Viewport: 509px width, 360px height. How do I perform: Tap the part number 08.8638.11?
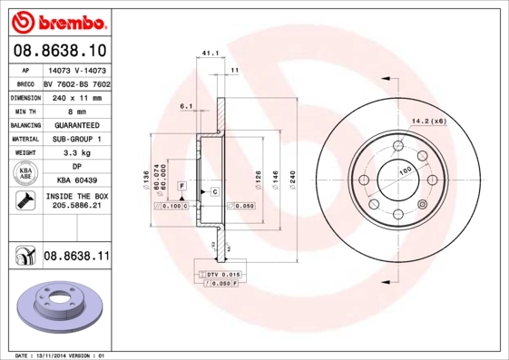click(76, 258)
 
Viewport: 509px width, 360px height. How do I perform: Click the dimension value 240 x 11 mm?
click(75, 95)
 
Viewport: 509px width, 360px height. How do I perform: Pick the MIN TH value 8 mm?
click(76, 110)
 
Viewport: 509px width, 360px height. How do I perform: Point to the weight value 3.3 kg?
click(76, 153)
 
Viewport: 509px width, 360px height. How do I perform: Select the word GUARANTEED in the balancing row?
click(76, 124)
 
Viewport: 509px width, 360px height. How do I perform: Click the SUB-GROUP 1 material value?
click(76, 139)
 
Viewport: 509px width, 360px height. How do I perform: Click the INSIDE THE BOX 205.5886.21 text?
click(76, 200)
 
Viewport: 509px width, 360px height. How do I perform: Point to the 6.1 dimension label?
click(187, 106)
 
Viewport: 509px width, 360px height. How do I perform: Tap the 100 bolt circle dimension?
click(405, 170)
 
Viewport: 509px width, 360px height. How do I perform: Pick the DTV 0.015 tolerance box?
click(219, 274)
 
